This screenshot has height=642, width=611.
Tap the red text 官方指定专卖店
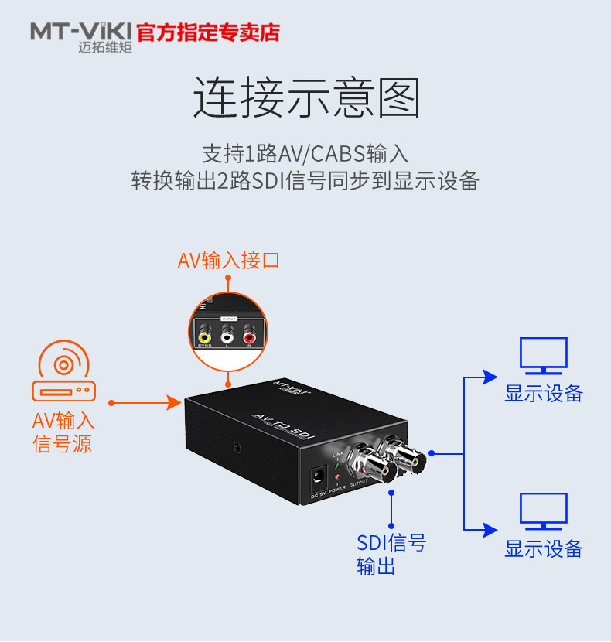tap(208, 32)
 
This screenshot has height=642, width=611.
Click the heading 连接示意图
tap(305, 98)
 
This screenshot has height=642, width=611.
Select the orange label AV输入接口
tap(228, 261)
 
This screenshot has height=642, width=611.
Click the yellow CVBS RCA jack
tap(205, 337)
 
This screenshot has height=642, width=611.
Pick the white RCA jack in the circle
tap(227, 337)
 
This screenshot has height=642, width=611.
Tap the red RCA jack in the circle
tap(249, 337)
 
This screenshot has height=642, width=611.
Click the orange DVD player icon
tap(63, 374)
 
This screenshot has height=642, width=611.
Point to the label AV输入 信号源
tap(63, 432)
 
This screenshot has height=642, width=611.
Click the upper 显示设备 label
tap(543, 393)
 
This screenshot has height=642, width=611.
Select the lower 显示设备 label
tap(543, 549)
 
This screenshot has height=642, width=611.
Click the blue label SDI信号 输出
tap(391, 554)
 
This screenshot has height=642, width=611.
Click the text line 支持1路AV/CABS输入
tap(305, 152)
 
